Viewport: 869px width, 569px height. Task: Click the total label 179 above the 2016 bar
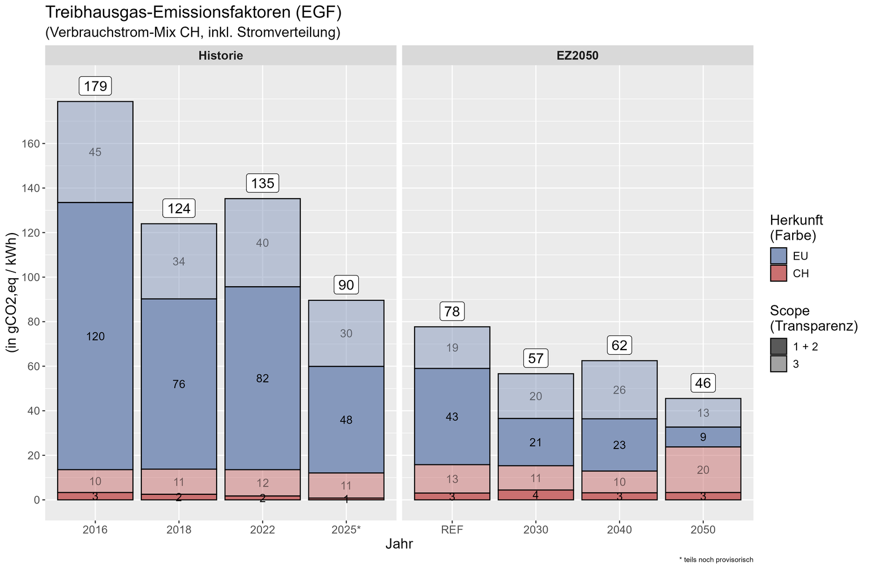[x=96, y=86]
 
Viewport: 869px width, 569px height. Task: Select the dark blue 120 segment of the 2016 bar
[x=96, y=336]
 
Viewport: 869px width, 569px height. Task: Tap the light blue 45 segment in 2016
[x=96, y=152]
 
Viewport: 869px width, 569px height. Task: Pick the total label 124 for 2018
[x=179, y=208]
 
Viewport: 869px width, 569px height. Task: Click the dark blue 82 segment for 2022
[x=263, y=378]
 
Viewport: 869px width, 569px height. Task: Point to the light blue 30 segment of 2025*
[x=346, y=333]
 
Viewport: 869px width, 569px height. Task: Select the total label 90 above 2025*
[x=346, y=284]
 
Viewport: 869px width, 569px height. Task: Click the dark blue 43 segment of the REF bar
[x=452, y=416]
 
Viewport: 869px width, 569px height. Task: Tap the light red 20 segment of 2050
[x=703, y=469]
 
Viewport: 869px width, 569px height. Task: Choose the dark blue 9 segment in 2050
[x=703, y=437]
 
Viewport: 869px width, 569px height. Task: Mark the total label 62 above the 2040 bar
[x=620, y=345]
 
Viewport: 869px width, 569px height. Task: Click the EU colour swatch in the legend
[x=778, y=256]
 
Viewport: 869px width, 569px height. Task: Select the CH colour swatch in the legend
[x=778, y=273]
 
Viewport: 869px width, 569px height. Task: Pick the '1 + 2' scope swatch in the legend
[x=778, y=346]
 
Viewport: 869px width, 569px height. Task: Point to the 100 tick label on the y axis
[x=31, y=277]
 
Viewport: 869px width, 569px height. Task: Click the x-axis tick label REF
[x=452, y=529]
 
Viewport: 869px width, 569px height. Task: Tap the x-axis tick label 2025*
[x=346, y=529]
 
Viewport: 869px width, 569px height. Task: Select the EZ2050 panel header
[x=578, y=55]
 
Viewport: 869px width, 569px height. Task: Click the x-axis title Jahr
[x=399, y=544]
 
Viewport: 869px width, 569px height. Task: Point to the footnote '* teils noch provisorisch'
[x=716, y=560]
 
